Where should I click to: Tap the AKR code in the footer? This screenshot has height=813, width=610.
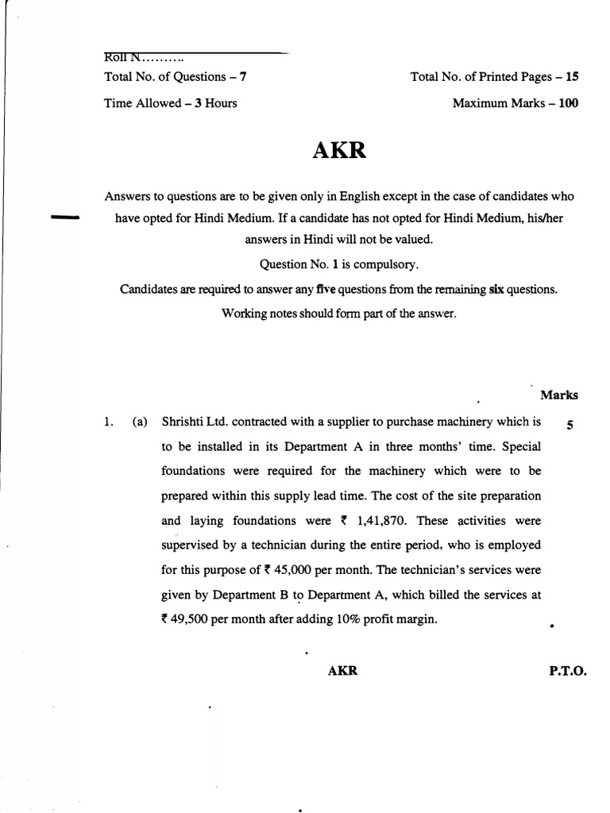pyautogui.click(x=342, y=670)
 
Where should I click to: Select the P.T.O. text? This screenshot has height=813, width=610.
pyautogui.click(x=567, y=670)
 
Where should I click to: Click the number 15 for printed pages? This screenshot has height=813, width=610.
pyautogui.click(x=571, y=77)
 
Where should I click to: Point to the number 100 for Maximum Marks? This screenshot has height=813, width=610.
pyautogui.click(x=567, y=103)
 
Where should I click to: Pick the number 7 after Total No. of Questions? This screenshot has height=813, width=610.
pyautogui.click(x=253, y=77)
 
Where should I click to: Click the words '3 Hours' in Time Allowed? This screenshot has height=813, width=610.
pyautogui.click(x=215, y=103)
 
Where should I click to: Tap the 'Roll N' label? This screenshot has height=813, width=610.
pyautogui.click(x=122, y=57)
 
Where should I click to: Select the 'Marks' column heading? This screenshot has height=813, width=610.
pyautogui.click(x=559, y=395)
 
